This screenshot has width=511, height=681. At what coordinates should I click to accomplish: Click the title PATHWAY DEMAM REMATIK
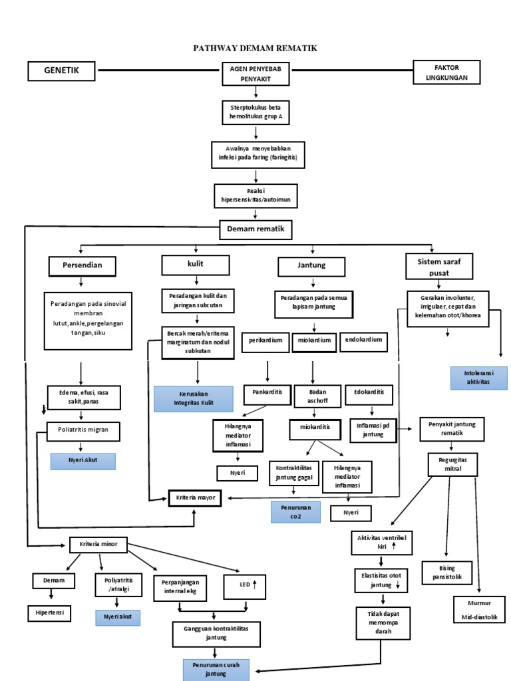click(x=255, y=49)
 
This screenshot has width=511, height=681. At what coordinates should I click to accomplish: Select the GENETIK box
click(x=62, y=70)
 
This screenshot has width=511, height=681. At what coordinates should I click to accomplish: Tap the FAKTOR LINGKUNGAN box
click(x=446, y=72)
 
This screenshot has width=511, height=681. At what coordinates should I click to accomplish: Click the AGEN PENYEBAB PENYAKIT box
click(x=255, y=74)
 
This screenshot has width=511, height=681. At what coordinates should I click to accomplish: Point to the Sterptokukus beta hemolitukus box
click(x=255, y=111)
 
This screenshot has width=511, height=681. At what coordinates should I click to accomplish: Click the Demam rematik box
click(x=255, y=229)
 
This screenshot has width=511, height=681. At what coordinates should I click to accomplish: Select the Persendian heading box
click(x=82, y=266)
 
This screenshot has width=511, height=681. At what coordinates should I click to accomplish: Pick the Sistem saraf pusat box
click(x=438, y=267)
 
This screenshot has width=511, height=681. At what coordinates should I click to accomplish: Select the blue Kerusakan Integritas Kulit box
click(x=194, y=398)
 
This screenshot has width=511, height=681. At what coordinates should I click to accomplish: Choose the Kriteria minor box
click(x=98, y=544)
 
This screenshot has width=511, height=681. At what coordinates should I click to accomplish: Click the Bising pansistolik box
click(x=455, y=572)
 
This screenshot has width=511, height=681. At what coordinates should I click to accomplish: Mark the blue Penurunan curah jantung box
click(x=216, y=669)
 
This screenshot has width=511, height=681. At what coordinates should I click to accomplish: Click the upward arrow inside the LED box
click(x=255, y=585)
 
